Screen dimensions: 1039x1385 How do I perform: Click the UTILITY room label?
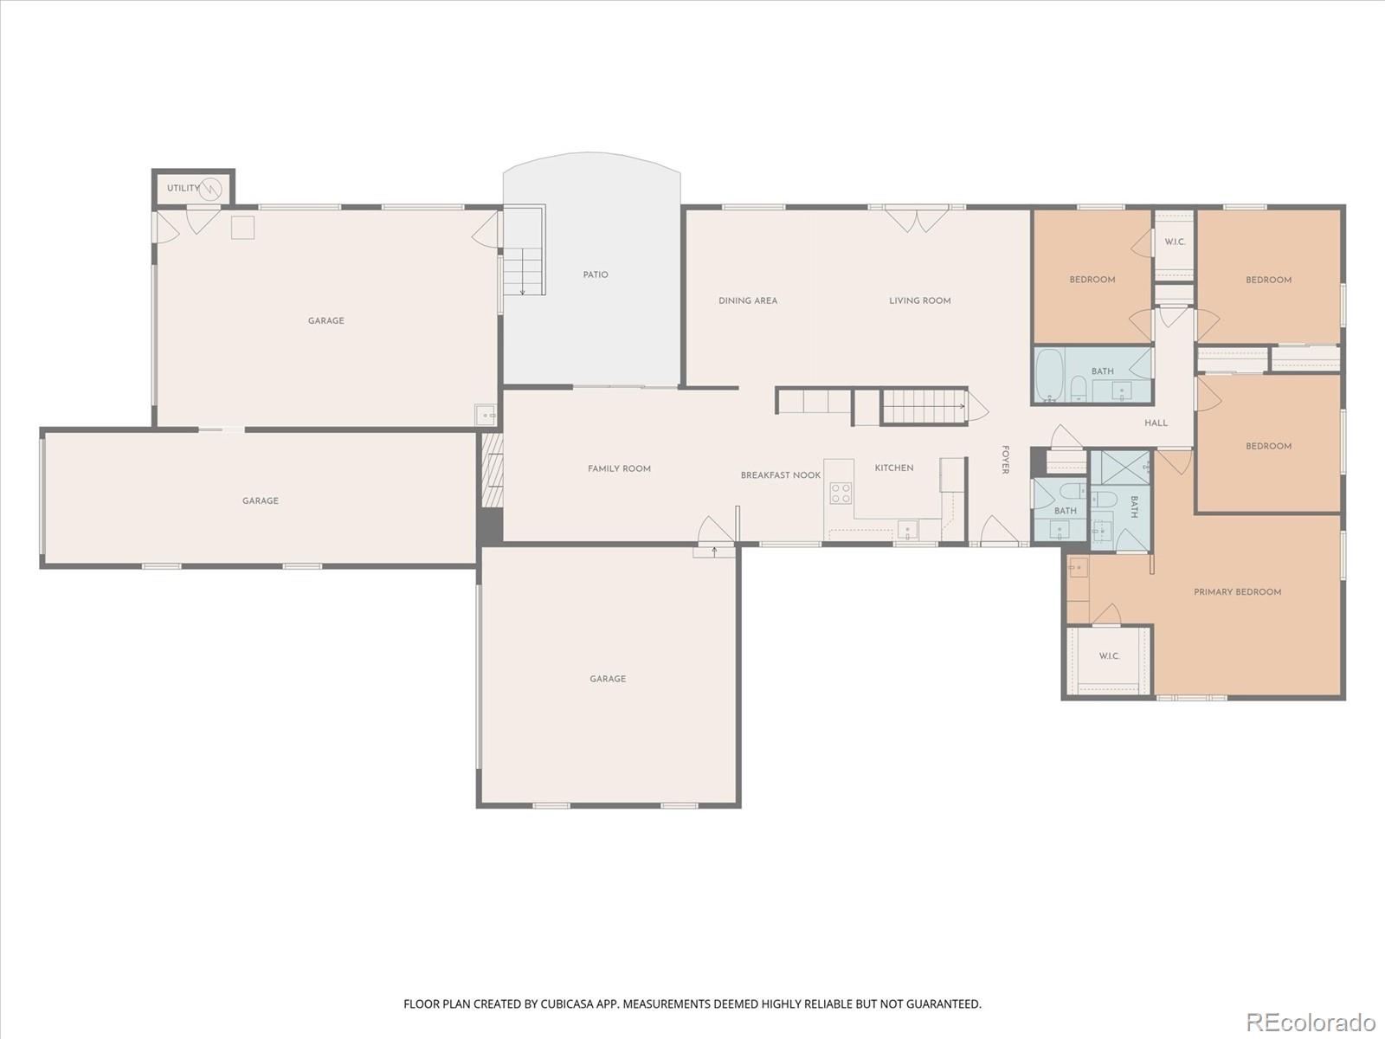click(x=183, y=188)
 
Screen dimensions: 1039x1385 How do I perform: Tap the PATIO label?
click(x=596, y=274)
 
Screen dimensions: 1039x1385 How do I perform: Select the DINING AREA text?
click(x=748, y=300)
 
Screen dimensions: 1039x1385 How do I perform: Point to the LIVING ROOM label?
click(x=919, y=300)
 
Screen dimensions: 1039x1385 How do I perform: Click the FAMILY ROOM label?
click(x=619, y=468)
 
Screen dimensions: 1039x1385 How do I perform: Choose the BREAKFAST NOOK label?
click(x=780, y=475)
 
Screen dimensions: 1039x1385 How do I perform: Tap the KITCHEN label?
click(x=893, y=468)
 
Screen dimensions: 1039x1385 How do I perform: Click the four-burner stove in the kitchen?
click(x=841, y=494)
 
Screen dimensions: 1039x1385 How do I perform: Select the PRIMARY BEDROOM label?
click(x=1237, y=592)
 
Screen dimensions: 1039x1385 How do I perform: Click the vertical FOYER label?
click(x=1005, y=460)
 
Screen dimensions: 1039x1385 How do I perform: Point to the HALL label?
click(x=1156, y=423)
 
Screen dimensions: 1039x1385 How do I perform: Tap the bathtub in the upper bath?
click(x=1050, y=374)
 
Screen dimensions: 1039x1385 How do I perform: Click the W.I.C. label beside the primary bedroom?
click(x=1109, y=656)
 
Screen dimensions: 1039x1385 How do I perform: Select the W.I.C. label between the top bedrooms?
click(x=1174, y=242)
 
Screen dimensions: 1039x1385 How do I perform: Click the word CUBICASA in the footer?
click(x=570, y=1004)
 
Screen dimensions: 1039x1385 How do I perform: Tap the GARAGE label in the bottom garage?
click(x=608, y=679)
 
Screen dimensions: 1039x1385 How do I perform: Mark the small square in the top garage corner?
click(x=242, y=228)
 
